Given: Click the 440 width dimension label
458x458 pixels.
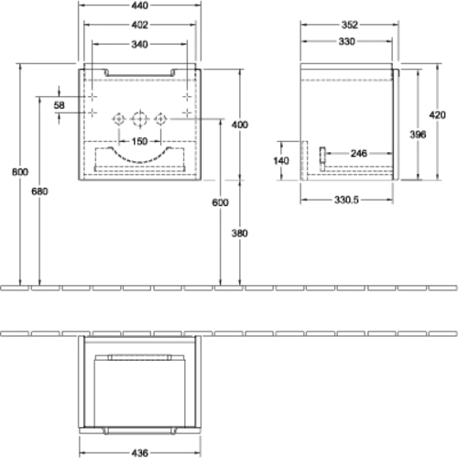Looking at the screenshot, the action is (x=139, y=5).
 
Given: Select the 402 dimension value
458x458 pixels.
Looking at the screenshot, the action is (x=139, y=25).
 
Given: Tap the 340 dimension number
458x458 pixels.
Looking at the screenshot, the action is (x=139, y=44).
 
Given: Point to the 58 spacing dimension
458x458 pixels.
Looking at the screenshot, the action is (x=60, y=105).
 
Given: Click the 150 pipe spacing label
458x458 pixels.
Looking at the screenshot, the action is (x=139, y=141).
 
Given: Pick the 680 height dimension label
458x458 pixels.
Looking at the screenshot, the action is (x=39, y=191).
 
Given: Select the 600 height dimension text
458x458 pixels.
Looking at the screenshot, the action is (x=220, y=202).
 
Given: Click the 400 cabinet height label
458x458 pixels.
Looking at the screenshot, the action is (x=240, y=125).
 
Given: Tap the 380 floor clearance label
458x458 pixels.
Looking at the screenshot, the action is (x=240, y=234).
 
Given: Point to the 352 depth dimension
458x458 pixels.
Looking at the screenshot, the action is (x=350, y=25).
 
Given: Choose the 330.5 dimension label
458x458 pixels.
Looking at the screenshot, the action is (x=346, y=200).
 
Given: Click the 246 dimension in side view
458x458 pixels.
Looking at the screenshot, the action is (x=359, y=153).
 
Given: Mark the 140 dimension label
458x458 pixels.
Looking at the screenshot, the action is (x=281, y=160).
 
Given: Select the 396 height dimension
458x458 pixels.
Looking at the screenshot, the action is (x=418, y=135).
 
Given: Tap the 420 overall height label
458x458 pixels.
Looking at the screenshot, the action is (x=437, y=115).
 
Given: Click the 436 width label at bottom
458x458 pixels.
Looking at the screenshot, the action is (x=139, y=453).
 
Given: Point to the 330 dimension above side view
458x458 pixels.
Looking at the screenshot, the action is (x=346, y=41).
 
